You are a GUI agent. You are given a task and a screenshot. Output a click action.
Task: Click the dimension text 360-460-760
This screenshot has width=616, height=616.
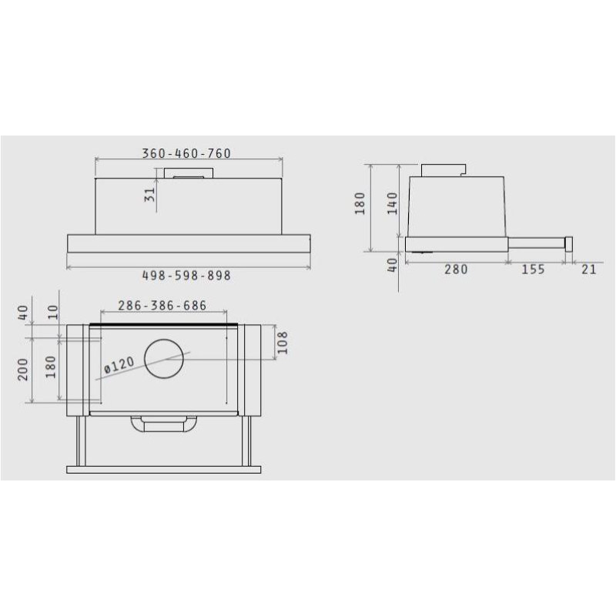(x=186, y=153)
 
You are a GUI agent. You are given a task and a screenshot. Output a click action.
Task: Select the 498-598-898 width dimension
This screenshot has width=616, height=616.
(x=186, y=276)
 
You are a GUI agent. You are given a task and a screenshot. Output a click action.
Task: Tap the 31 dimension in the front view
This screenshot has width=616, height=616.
(x=149, y=195)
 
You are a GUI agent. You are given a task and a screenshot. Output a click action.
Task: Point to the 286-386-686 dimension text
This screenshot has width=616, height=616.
(x=162, y=305)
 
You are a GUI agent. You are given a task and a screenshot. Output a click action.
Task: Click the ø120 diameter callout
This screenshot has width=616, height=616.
(x=119, y=365)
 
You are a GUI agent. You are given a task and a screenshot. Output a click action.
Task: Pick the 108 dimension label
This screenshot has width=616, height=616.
(x=282, y=343)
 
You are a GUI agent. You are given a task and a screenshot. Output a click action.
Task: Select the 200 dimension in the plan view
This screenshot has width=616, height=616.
(x=23, y=370)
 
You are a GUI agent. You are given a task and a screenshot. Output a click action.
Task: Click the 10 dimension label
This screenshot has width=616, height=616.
(x=52, y=313)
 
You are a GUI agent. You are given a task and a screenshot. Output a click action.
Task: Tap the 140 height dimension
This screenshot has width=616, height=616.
(x=393, y=203)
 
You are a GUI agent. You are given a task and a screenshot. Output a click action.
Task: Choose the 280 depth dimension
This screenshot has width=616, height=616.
(x=456, y=269)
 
